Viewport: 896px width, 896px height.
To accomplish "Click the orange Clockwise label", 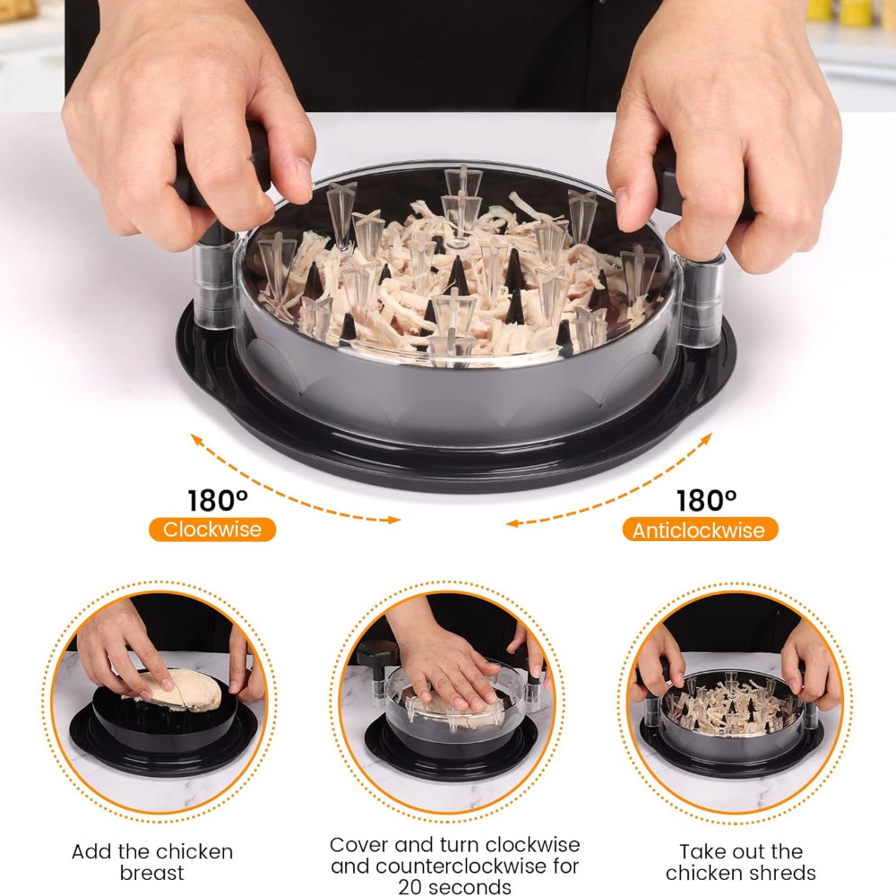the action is click(x=212, y=530).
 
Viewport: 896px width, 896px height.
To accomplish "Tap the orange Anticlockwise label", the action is click(x=700, y=530).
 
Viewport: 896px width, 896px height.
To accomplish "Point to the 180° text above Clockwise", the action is click(x=218, y=500).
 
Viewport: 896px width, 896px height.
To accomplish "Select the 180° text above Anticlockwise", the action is click(x=706, y=501).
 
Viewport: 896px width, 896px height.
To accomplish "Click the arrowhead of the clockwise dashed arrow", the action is click(x=394, y=520).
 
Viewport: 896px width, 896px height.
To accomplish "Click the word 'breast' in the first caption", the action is click(x=152, y=873).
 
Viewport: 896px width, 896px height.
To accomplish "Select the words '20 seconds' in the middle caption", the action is click(x=455, y=886).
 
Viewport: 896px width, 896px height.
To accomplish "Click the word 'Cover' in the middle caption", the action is click(x=359, y=845).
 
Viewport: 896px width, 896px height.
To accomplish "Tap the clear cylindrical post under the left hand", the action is click(x=214, y=280).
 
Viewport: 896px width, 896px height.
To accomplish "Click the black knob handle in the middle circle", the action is click(x=378, y=654).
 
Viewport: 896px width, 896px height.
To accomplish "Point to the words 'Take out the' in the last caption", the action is click(x=741, y=851).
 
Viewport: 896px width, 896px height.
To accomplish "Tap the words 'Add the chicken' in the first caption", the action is click(x=152, y=851).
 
